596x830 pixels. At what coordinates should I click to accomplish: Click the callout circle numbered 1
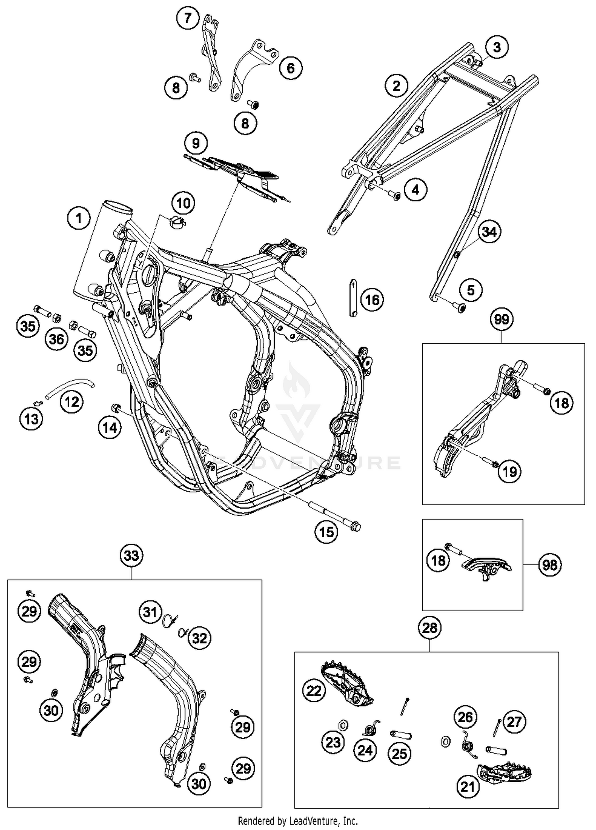pos(79,218)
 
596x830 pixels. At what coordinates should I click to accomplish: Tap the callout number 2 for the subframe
pos(396,86)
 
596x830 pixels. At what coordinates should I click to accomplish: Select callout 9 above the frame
pos(195,143)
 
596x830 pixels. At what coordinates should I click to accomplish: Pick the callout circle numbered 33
pos(131,555)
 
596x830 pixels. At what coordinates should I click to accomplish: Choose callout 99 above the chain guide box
pos(501,319)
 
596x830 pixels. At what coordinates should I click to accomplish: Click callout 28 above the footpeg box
pos(430,628)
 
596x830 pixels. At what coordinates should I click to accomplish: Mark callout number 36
pos(56,339)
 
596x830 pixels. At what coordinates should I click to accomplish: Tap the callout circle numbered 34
pos(489,231)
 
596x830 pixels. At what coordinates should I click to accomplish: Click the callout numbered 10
pos(183,203)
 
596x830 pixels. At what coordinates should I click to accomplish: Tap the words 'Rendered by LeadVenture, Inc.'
pos(298,820)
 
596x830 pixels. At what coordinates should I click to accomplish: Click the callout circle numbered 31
pos(150,612)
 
